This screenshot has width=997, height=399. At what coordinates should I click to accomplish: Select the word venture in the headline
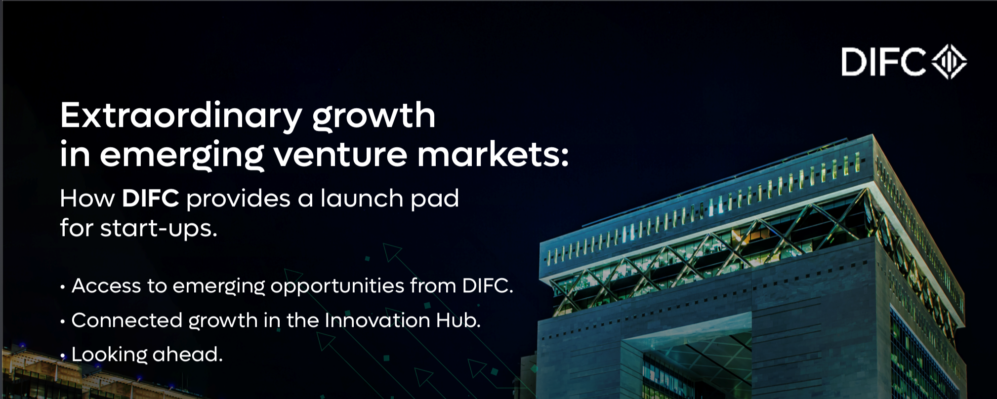point(340,155)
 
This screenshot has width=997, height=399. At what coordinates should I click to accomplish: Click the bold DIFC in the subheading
point(151,199)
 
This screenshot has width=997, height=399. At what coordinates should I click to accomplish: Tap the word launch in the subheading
point(362,198)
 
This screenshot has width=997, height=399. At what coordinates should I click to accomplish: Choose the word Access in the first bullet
point(106,286)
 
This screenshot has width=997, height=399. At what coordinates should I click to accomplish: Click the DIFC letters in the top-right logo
point(883,62)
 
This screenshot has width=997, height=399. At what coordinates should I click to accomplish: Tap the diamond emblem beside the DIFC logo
point(949,62)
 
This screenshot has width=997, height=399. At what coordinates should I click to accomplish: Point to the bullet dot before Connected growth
point(63,322)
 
